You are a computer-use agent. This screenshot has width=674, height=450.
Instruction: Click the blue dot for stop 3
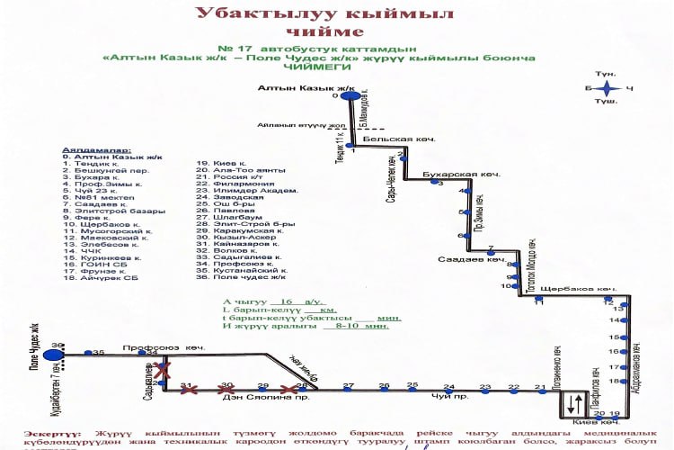point(433,183)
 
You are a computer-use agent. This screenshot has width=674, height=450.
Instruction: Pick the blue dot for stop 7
point(491,253)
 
